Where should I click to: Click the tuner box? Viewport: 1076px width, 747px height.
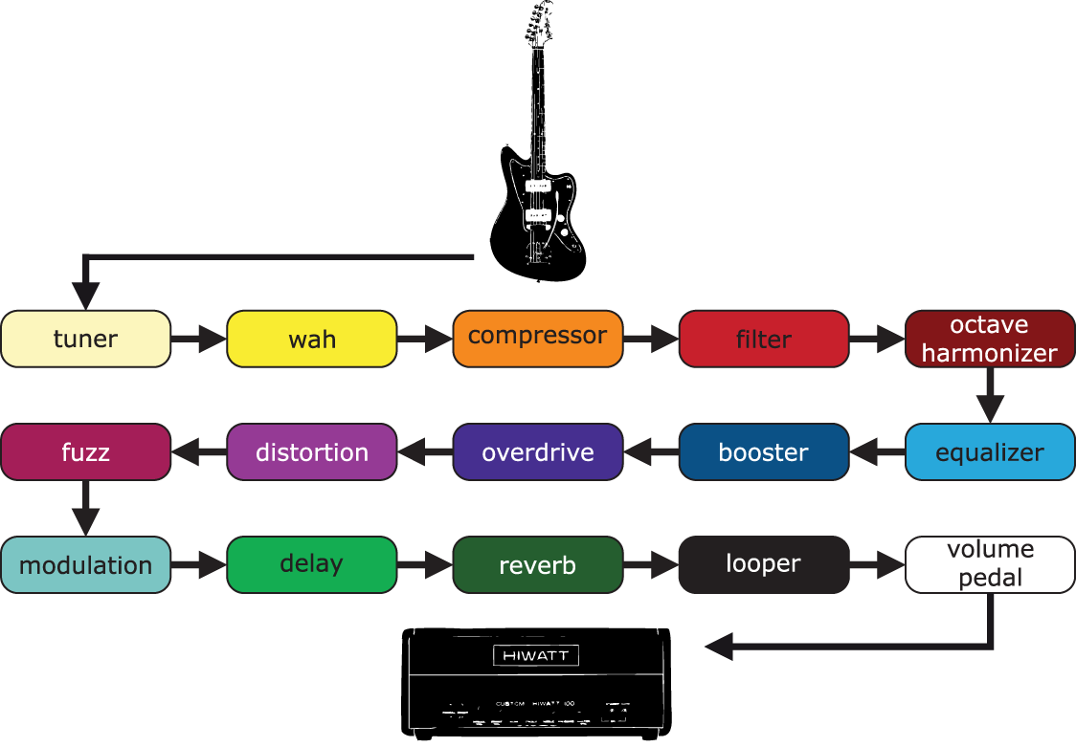[86, 339]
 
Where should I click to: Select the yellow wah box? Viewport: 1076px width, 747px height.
[312, 339]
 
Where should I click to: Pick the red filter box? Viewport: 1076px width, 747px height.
[764, 339]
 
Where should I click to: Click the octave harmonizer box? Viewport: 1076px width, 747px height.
[990, 339]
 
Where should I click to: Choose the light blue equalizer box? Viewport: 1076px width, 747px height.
[990, 451]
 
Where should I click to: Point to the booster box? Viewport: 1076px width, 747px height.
[764, 451]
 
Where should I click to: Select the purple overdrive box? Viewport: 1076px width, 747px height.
[538, 451]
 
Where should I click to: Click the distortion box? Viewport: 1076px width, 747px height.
[312, 451]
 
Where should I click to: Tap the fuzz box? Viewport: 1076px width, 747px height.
[86, 451]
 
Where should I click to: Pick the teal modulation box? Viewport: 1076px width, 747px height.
[86, 564]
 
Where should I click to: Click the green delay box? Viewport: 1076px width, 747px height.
[312, 564]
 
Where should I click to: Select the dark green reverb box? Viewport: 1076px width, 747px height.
[538, 564]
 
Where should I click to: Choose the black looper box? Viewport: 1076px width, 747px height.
[764, 564]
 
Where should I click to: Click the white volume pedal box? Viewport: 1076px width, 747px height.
[990, 564]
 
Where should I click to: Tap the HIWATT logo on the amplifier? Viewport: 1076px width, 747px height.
[536, 655]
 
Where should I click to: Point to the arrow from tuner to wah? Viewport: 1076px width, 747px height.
[199, 339]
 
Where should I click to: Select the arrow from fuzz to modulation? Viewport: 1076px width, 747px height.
[86, 508]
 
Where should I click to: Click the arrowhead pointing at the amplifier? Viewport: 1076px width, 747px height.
[720, 648]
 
